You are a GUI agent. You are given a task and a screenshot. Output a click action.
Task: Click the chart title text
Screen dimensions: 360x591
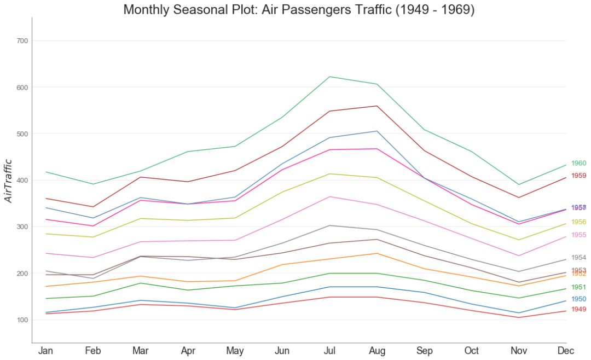(x=299, y=9)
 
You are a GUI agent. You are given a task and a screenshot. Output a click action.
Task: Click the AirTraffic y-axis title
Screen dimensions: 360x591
(x=8, y=181)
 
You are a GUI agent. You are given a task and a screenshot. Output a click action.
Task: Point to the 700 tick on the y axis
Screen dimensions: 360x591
(x=22, y=41)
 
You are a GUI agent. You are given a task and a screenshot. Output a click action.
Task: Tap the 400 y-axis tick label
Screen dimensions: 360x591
(x=22, y=181)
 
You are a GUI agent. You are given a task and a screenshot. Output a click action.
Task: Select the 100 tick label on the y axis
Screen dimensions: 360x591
(x=22, y=320)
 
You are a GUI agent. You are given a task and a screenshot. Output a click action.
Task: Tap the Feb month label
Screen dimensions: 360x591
(x=93, y=351)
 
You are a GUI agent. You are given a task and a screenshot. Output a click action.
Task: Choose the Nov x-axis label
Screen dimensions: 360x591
(x=519, y=351)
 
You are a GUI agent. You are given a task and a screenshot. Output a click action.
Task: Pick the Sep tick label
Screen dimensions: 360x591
(x=424, y=351)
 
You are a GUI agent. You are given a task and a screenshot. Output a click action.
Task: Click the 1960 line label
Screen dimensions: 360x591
(x=578, y=163)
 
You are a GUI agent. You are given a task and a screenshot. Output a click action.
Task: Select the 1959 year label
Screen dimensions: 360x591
(x=578, y=176)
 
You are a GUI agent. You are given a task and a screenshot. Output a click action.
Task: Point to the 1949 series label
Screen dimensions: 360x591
(x=578, y=309)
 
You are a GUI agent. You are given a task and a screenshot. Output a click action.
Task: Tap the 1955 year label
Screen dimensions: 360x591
(x=578, y=235)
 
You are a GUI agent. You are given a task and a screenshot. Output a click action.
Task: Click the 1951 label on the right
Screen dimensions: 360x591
(x=578, y=287)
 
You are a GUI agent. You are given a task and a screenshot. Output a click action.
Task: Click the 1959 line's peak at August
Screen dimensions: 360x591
(x=377, y=106)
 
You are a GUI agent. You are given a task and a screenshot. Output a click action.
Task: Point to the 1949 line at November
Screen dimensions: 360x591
(x=519, y=317)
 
